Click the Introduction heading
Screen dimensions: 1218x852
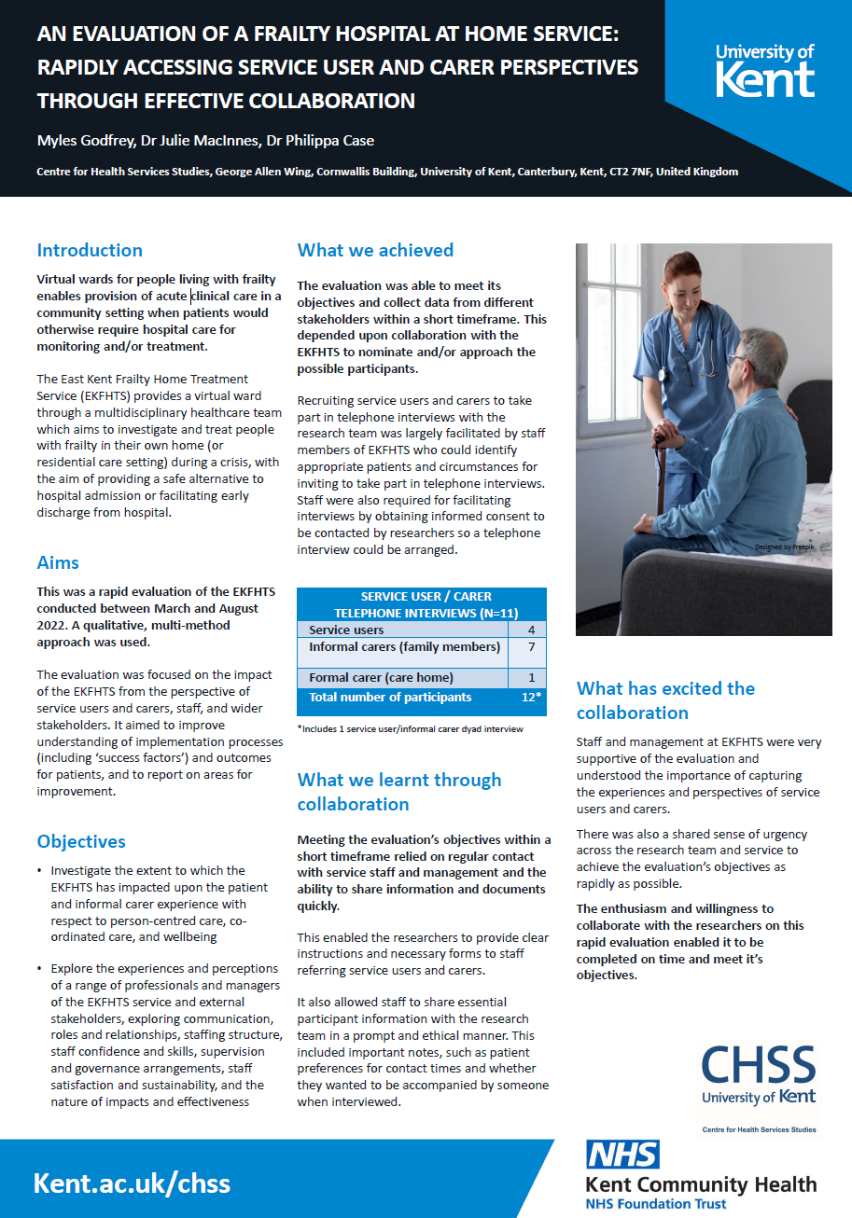pos(90,250)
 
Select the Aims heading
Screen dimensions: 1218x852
pos(58,562)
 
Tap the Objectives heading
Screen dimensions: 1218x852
pos(81,841)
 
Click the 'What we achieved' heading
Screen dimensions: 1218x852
pos(375,250)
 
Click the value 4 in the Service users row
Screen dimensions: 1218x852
pos(530,630)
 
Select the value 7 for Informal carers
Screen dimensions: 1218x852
pos(530,647)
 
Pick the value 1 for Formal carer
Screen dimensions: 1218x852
pos(530,678)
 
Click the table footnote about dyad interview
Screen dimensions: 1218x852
pos(411,728)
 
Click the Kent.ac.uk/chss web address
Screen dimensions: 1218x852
pos(132,1183)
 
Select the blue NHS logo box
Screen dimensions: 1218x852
pos(622,1155)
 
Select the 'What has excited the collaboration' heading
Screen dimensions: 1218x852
pos(665,700)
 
